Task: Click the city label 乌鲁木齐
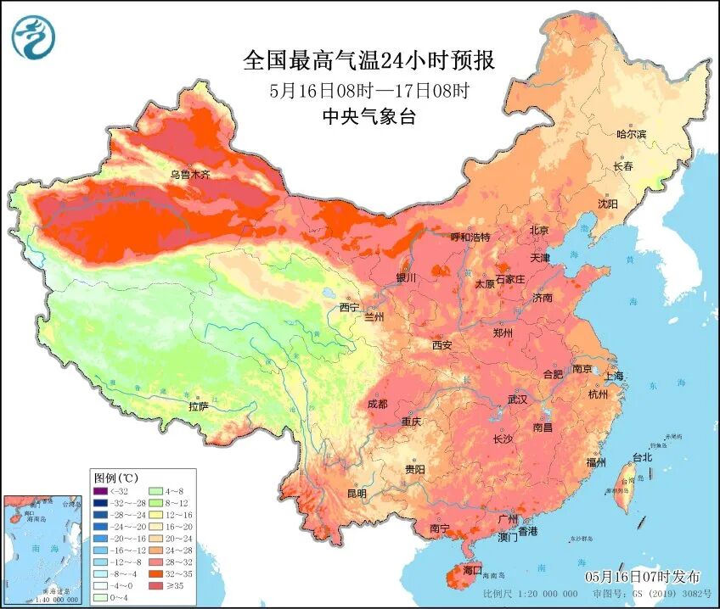[x=188, y=175]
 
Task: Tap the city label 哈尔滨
[x=631, y=134]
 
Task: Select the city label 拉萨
[x=198, y=406]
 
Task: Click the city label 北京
[x=539, y=231]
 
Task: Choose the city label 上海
[x=613, y=376]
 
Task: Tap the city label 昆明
[x=357, y=494]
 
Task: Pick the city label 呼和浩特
[x=470, y=237]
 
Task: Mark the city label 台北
[x=641, y=457]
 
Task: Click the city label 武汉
[x=517, y=399]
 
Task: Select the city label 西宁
[x=350, y=307]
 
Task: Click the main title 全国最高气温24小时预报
[x=368, y=61]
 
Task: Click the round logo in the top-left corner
[x=33, y=38]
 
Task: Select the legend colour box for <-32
[x=101, y=490]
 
